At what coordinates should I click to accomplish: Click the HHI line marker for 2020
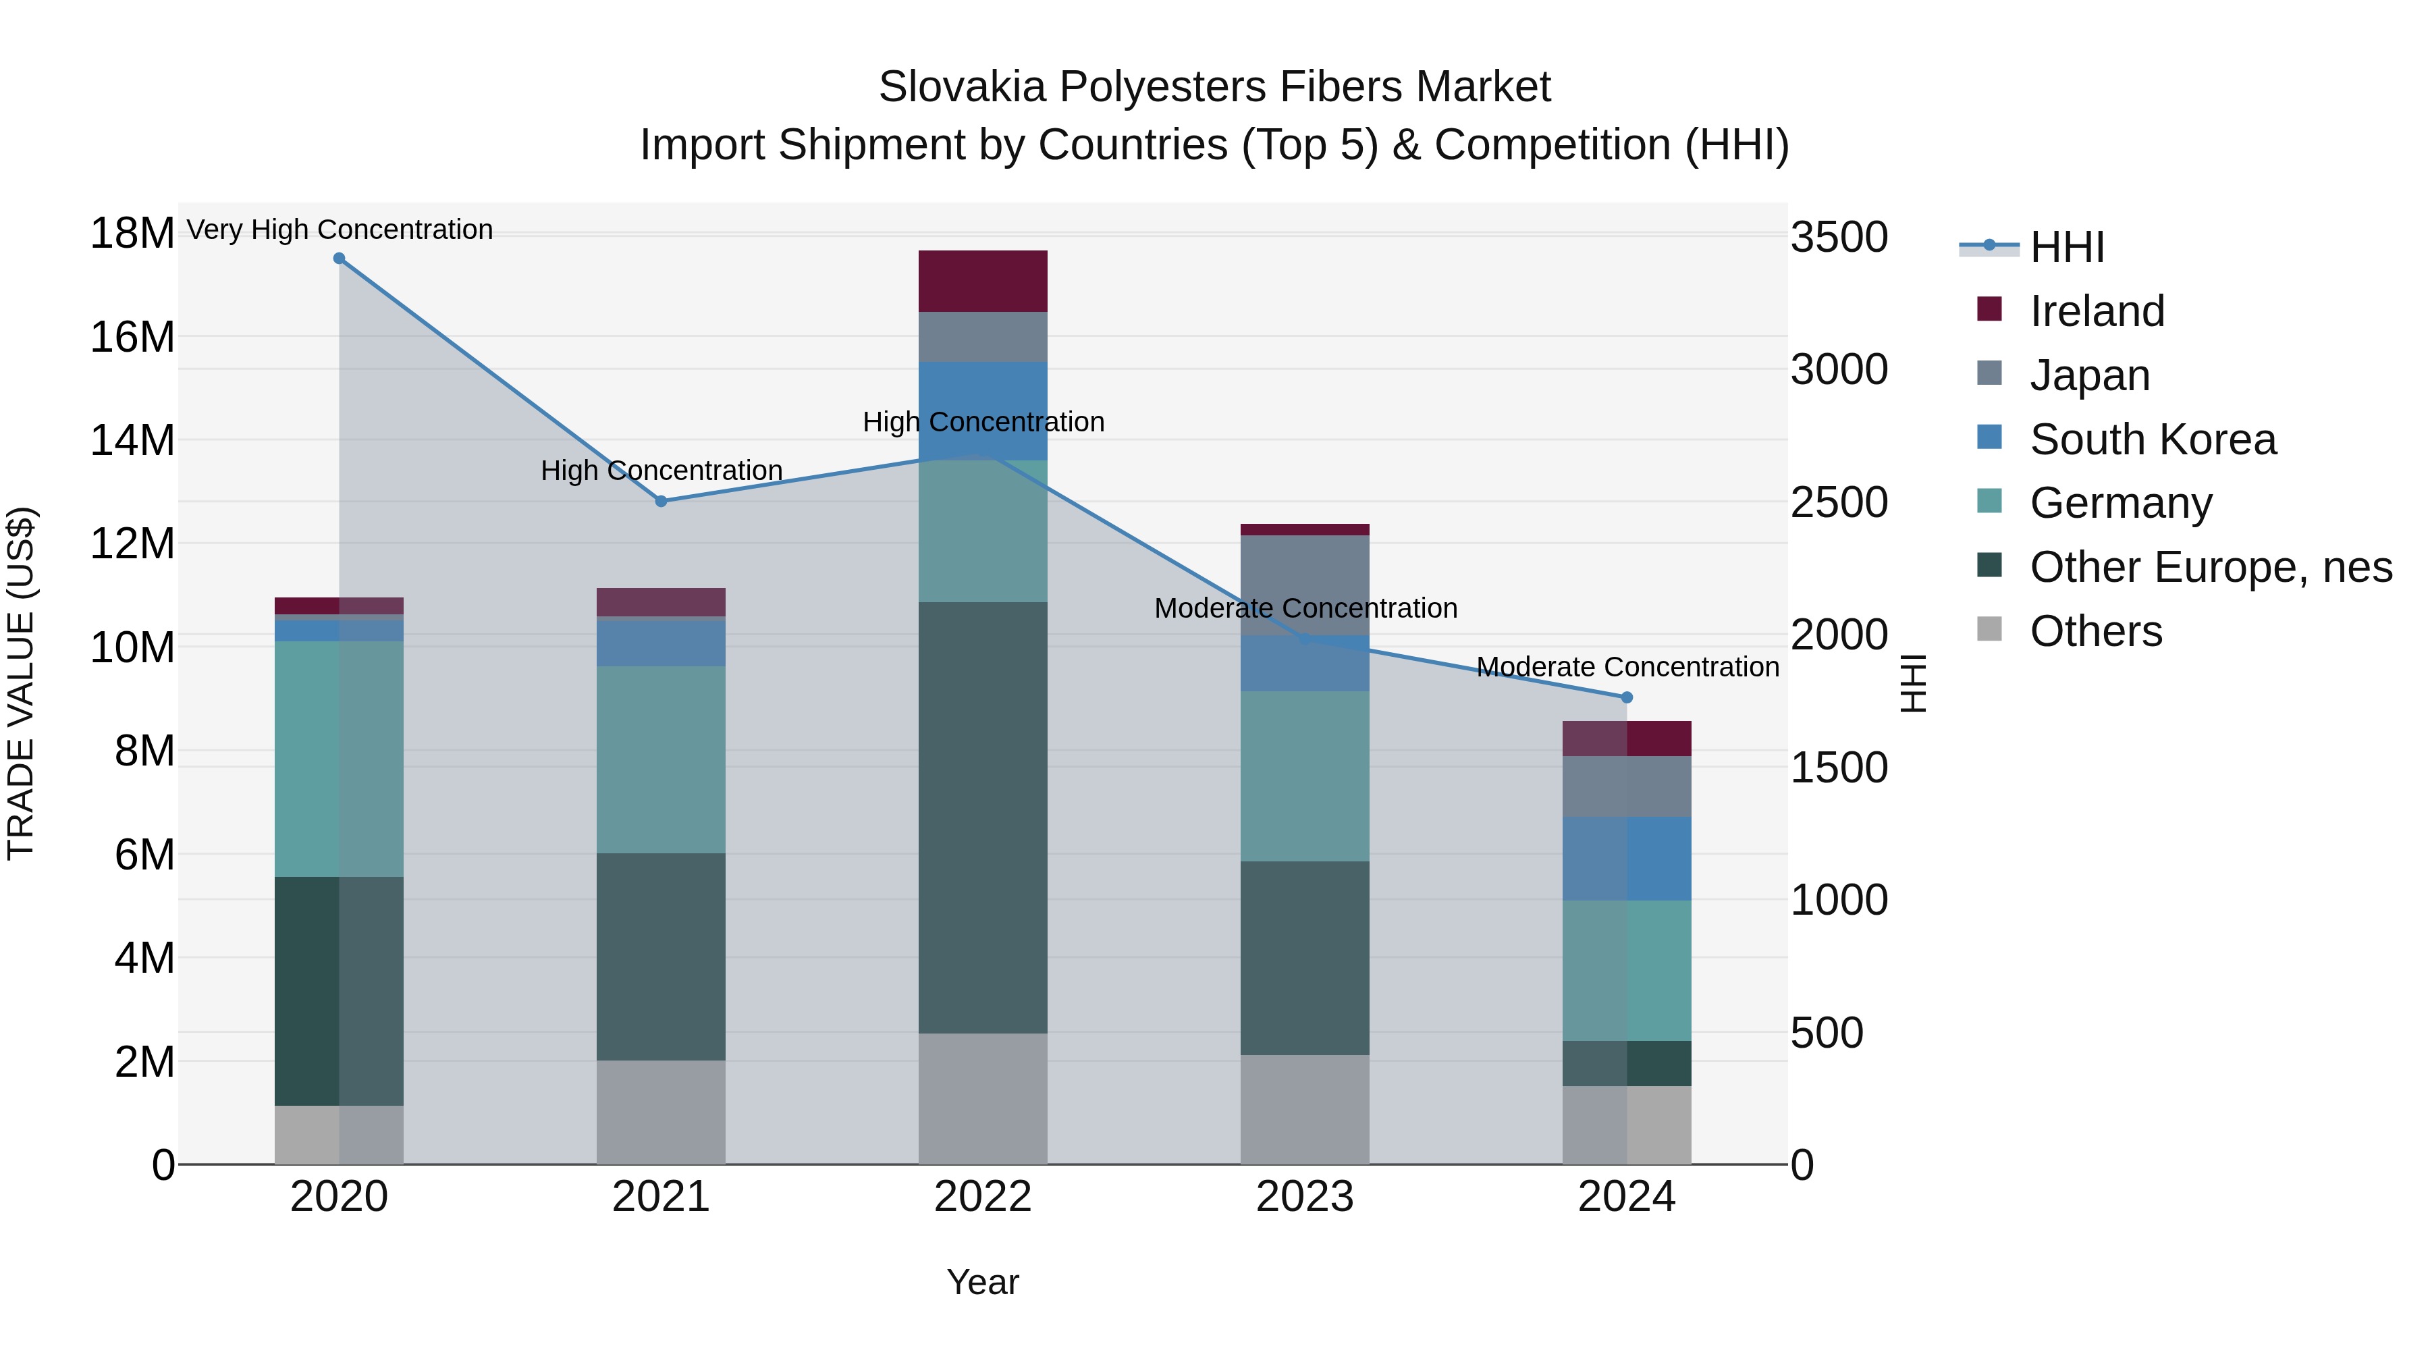tap(339, 259)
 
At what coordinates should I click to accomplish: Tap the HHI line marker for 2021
tap(661, 501)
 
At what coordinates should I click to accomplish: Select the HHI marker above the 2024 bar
tap(1626, 697)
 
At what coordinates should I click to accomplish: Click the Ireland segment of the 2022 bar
tap(982, 281)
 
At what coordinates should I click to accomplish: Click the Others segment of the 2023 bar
tap(1305, 1109)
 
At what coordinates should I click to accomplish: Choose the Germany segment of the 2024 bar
tap(1626, 970)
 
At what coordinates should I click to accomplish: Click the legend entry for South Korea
tap(2152, 439)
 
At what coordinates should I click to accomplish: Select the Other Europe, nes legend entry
tap(2210, 567)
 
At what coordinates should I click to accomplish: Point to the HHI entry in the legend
tap(2066, 247)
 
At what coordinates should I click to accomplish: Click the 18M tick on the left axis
tap(132, 233)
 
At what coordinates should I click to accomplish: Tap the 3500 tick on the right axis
tap(1839, 237)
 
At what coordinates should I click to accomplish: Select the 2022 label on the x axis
tap(982, 1196)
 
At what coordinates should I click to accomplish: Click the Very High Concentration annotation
tap(340, 230)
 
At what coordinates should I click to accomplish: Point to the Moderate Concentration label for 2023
tap(1305, 608)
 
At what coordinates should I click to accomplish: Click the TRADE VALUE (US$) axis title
tap(21, 683)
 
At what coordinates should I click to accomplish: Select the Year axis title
tap(982, 1282)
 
